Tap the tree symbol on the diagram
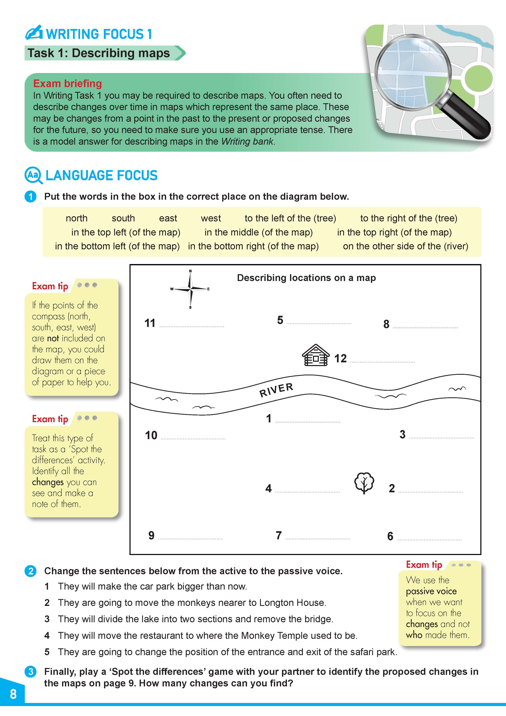click(364, 483)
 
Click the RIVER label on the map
click(276, 390)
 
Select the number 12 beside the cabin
click(341, 359)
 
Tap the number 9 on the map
click(151, 535)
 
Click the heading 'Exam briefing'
click(67, 84)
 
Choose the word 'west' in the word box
click(211, 218)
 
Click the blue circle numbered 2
click(31, 571)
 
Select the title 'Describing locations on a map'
click(306, 278)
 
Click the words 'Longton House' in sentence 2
click(292, 603)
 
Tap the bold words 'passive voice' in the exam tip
click(431, 591)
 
